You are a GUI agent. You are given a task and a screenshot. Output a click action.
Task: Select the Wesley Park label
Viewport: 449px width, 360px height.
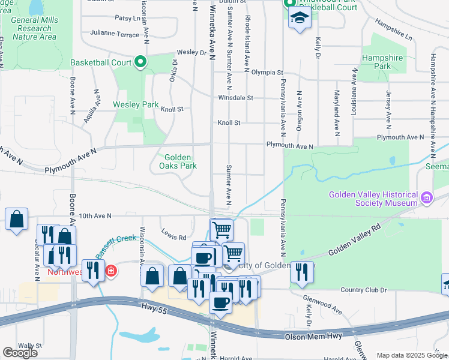click(136, 104)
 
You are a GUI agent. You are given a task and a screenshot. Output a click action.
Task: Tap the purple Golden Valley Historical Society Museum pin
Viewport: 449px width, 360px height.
click(427, 197)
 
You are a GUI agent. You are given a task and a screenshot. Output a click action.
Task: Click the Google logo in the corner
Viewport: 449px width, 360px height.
click(20, 352)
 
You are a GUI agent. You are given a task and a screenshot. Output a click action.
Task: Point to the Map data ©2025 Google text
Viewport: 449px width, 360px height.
click(412, 355)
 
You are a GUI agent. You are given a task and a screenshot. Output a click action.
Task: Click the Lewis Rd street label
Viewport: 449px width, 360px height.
click(173, 236)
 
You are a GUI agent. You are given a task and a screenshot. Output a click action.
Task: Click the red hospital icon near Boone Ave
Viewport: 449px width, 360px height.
click(110, 272)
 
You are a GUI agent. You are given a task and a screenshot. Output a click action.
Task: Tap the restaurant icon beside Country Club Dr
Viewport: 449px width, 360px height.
click(302, 272)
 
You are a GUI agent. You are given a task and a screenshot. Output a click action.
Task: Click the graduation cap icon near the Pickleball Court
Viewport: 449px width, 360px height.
click(300, 18)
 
